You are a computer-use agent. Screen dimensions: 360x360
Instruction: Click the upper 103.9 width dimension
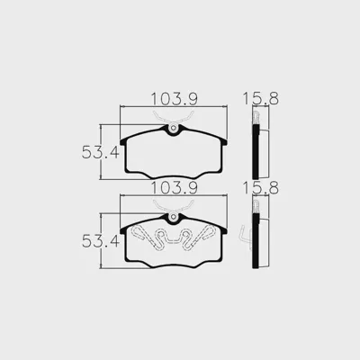tap(174, 99)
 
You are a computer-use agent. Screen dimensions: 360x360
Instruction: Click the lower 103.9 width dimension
tap(174, 188)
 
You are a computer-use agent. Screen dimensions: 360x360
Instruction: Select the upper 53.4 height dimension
tap(101, 152)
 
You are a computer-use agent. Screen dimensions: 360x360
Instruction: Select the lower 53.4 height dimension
tap(101, 241)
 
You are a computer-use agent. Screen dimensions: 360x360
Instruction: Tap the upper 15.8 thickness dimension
tap(260, 99)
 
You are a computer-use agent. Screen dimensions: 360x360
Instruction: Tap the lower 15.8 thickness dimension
tap(260, 188)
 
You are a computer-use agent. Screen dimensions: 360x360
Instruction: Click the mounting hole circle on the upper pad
tap(173, 128)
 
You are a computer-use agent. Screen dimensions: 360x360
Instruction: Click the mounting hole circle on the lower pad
tap(173, 217)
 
